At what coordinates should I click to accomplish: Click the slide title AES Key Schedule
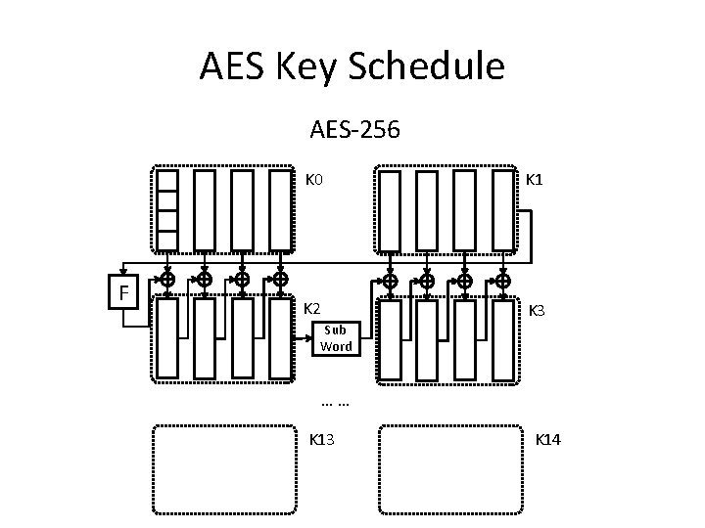coord(352,66)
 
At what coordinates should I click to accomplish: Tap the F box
coord(123,291)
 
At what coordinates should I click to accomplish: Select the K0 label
coord(315,180)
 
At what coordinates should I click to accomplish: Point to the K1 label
coord(537,180)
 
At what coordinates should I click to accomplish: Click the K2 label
coord(314,309)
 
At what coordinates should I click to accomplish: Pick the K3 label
coord(538,311)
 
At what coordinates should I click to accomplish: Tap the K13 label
coord(322,440)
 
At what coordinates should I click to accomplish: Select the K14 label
coord(547,440)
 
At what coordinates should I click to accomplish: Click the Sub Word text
coord(336,338)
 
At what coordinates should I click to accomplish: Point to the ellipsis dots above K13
coord(336,402)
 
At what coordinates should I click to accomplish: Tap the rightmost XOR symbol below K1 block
coord(503,282)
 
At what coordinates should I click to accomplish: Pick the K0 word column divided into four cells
coord(167,210)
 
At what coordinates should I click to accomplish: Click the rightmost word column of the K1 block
coord(503,210)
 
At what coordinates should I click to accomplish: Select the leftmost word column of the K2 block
coord(167,338)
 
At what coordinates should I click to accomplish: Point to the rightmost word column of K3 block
coord(503,339)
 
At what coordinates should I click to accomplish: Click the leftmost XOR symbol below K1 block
coord(390,282)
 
